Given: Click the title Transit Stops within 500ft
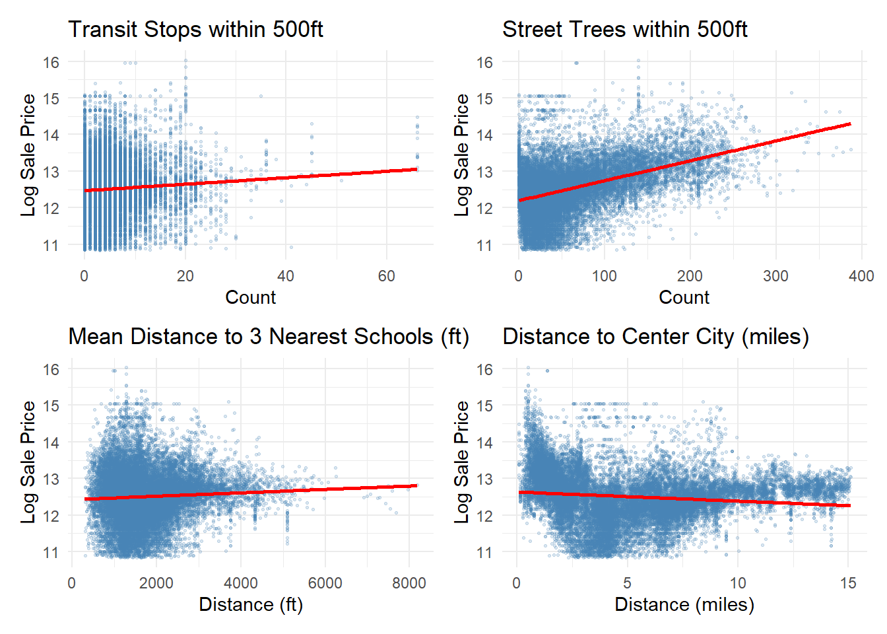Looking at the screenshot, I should point(195,30).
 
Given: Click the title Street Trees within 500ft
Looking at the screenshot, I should point(624,30).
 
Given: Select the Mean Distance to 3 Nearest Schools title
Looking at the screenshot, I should point(269,337).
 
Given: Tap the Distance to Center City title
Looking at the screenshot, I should point(655,337).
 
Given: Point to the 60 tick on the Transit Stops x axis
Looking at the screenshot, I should point(387,276).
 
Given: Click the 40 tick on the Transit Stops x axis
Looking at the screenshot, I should point(286,276).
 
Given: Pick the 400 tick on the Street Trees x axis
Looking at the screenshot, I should point(861,276).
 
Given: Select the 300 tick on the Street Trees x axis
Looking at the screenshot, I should point(775,276).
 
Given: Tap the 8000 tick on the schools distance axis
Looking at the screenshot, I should point(409,583).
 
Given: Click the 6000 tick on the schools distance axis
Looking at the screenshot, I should point(325,583).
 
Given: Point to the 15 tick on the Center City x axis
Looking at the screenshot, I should point(848,583).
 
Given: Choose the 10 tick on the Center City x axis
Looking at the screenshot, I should point(738,583).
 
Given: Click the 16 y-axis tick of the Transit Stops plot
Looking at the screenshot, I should point(51,63).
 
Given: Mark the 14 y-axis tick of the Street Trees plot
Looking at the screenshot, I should point(485,135).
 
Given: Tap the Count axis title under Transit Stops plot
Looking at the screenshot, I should point(250,298).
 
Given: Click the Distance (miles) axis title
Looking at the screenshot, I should point(684,605).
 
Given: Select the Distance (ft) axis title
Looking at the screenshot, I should point(251,605).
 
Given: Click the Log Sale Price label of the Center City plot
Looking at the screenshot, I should point(462,462).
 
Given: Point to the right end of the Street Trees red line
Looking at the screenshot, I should point(851,123).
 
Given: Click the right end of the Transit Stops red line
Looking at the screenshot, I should point(417,169).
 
